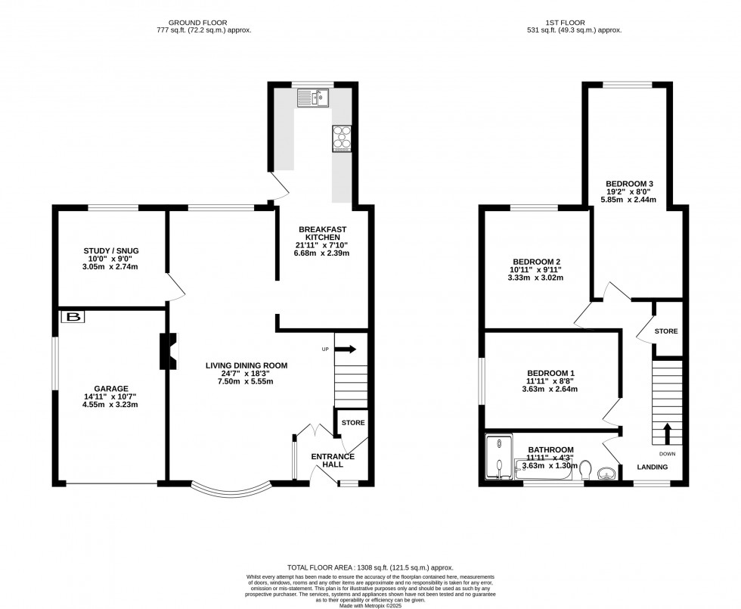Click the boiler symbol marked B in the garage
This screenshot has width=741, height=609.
tap(73, 317)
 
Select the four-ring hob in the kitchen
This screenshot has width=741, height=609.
tap(341, 138)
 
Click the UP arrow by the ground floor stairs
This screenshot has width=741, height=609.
tap(345, 350)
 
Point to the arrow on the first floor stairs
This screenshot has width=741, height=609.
tap(667, 434)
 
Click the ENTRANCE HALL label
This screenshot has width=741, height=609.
tap(333, 461)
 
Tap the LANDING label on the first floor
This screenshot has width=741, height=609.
tap(651, 467)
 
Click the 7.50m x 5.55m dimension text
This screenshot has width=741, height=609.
tap(246, 381)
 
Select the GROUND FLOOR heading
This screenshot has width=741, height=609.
tap(200, 22)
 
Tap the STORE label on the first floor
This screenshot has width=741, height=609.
tap(666, 331)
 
